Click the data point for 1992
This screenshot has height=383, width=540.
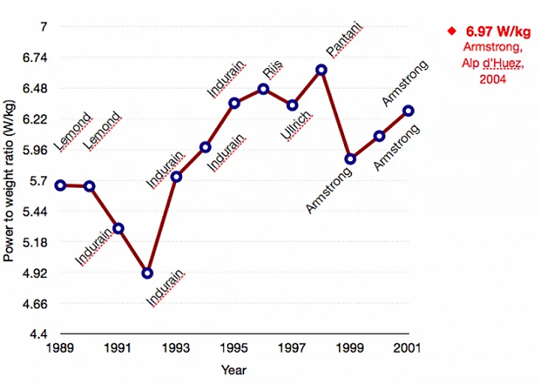[147, 273]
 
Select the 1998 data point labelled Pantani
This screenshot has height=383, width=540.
[321, 70]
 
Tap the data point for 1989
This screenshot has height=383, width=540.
[60, 185]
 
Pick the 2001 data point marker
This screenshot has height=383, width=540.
[408, 111]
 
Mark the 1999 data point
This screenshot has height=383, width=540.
[350, 159]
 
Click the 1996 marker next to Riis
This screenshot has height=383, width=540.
[263, 89]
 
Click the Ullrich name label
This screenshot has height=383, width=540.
[296, 126]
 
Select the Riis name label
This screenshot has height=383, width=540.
[273, 72]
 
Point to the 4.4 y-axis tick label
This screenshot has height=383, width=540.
[38, 334]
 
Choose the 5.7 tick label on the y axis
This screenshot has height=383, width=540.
[38, 180]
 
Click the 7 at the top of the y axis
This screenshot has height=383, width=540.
[44, 27]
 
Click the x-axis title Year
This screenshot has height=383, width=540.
[234, 369]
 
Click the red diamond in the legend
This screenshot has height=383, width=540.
[450, 31]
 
